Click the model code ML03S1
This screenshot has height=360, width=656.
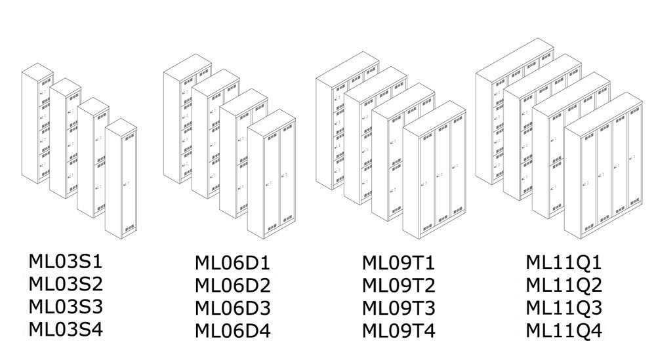point(66,262)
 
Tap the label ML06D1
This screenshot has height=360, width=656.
point(233,264)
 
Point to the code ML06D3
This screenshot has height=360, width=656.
point(233,308)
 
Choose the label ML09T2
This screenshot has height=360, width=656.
point(398,286)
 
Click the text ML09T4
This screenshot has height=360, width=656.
point(398,330)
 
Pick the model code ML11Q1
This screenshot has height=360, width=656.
point(564,264)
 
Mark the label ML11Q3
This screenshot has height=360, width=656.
point(564,308)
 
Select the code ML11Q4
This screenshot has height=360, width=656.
point(564,330)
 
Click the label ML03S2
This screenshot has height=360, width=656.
point(66,285)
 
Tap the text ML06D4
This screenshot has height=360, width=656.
point(233,330)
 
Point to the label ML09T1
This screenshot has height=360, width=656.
point(398,264)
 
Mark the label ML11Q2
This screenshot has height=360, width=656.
point(564,286)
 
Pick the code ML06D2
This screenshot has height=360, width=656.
point(233,286)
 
